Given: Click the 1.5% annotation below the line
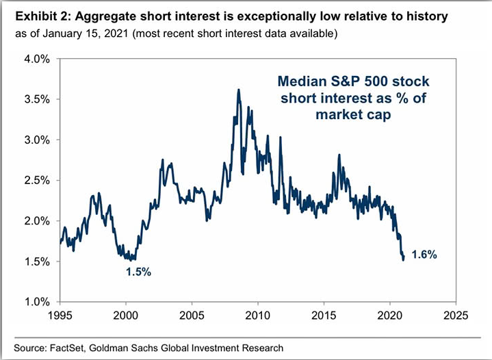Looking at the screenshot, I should pyautogui.click(x=138, y=272).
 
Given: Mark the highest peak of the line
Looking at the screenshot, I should pyautogui.click(x=238, y=90).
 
